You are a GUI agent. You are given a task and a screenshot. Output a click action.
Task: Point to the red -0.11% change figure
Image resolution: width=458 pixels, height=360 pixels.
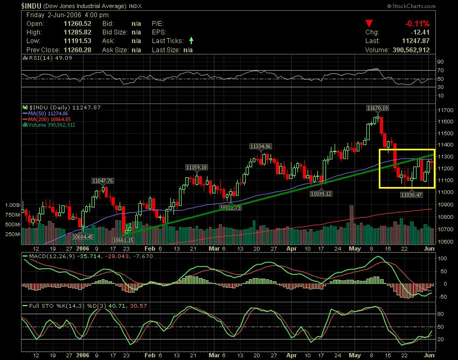[418, 23]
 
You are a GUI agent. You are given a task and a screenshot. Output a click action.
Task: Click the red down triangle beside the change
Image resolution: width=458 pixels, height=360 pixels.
[369, 23]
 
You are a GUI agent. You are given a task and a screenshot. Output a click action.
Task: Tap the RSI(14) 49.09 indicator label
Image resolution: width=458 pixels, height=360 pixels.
[42, 58]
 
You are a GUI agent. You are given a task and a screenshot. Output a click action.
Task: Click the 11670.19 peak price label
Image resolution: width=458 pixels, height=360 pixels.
[377, 108]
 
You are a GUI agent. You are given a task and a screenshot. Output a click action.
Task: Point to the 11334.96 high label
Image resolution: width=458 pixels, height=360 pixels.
[260, 146]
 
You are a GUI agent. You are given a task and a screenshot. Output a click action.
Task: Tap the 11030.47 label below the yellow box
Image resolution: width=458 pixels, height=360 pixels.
[411, 194]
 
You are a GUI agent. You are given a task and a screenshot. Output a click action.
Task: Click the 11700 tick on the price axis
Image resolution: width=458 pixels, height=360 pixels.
[445, 110]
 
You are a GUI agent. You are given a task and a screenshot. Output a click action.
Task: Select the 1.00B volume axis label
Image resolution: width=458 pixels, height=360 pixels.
[12, 205]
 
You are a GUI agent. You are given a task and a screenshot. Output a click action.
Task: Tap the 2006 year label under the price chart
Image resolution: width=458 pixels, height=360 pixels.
[82, 249]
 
